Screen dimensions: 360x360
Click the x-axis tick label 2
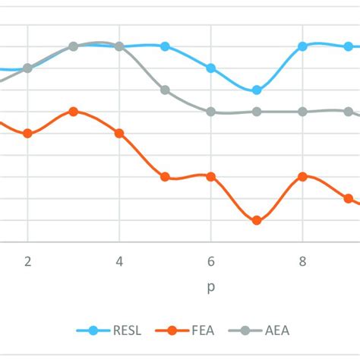28,261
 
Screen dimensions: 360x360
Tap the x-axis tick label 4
119,261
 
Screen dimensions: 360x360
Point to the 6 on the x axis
211,261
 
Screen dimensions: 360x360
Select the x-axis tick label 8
302,261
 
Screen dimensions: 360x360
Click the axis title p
211,288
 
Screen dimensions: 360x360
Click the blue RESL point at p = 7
257,90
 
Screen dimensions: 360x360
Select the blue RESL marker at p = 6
211,68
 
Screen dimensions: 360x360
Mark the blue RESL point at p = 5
166,46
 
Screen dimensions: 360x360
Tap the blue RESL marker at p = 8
302,46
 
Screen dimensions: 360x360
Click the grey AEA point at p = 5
166,90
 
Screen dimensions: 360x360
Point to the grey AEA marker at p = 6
211,112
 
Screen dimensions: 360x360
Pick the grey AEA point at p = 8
302,112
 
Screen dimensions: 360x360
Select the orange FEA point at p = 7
257,220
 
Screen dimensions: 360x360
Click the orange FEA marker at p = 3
74,112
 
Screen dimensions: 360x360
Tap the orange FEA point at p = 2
28,134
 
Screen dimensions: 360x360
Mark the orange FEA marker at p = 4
119,134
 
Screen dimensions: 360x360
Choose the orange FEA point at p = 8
302,176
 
